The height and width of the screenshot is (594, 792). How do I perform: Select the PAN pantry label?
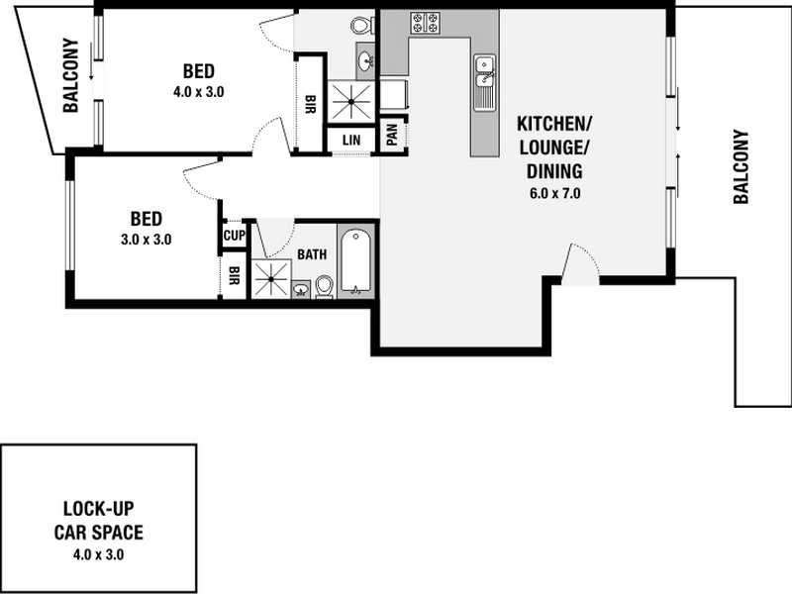tap(392, 135)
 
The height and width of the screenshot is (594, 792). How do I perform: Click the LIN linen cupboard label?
tap(350, 141)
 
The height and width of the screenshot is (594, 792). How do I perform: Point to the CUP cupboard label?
tap(234, 236)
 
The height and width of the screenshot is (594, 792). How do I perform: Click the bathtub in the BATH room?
tap(355, 260)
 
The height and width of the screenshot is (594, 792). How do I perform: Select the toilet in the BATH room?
tap(324, 285)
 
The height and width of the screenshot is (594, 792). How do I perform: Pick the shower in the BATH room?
tap(268, 278)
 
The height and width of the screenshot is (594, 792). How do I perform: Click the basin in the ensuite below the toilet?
tap(366, 62)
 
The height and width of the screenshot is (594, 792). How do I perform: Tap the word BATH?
tap(312, 254)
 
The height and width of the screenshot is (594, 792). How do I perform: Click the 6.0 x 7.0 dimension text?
tap(554, 194)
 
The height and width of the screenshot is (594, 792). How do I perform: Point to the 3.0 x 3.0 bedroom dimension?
tap(146, 239)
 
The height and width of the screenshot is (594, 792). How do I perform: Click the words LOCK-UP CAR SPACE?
tap(98, 522)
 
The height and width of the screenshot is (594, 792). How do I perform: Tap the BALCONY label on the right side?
tap(740, 167)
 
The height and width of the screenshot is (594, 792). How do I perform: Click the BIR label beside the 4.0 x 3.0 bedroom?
tap(310, 104)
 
